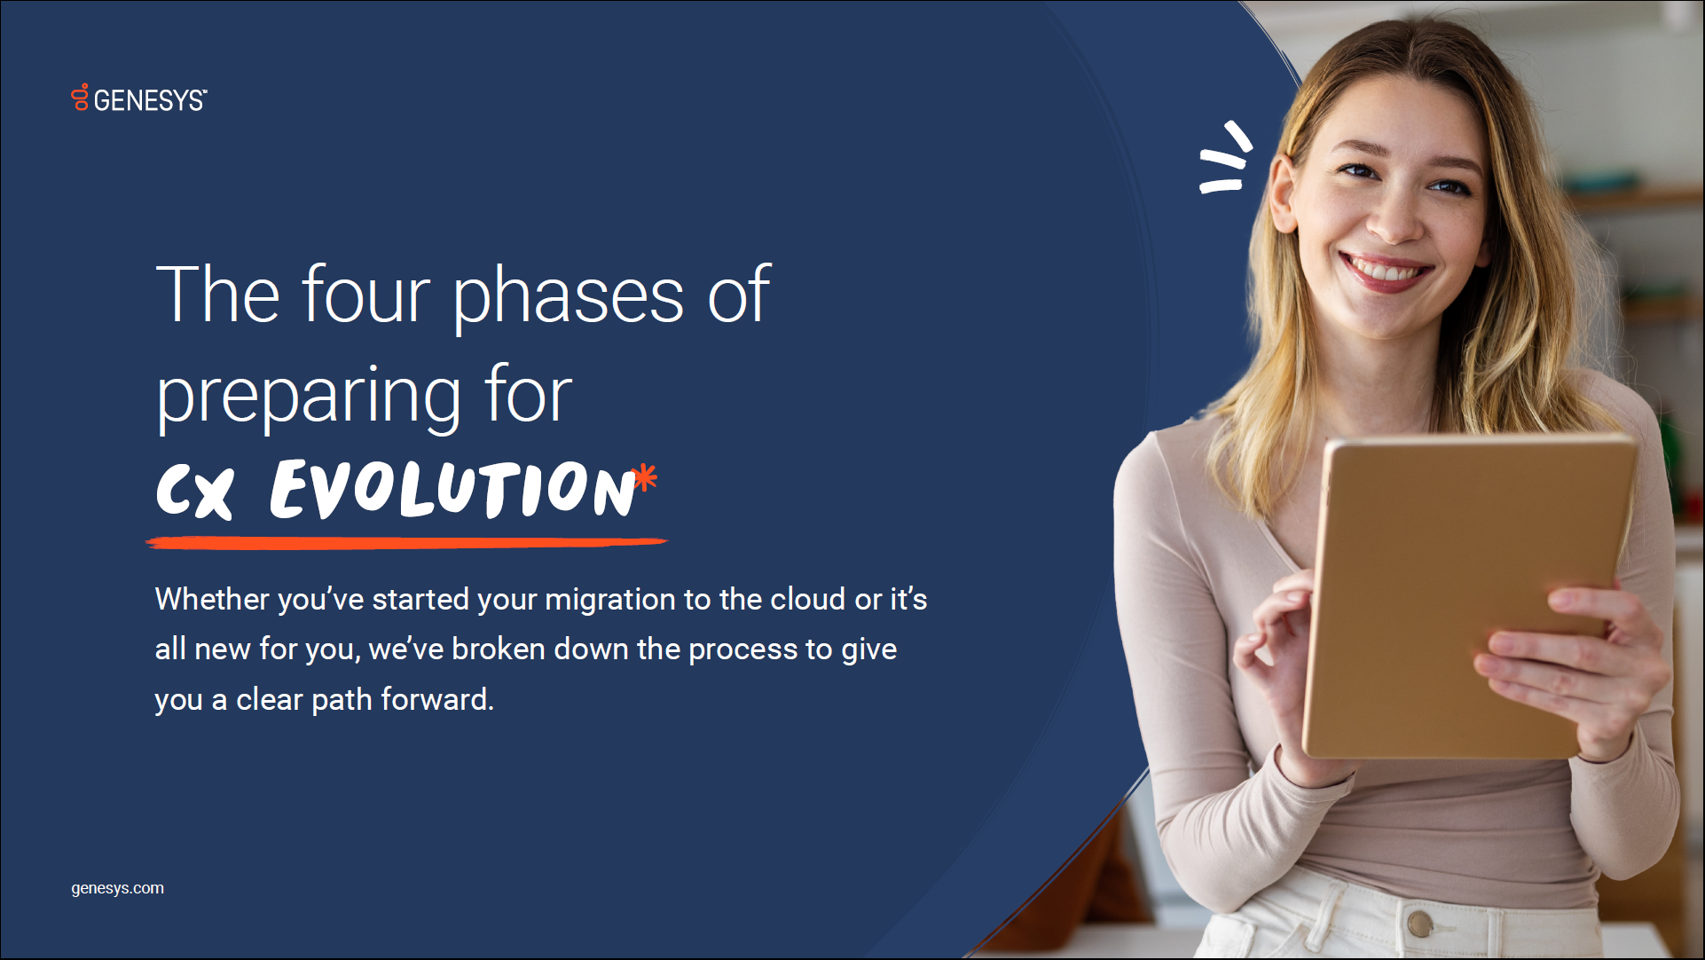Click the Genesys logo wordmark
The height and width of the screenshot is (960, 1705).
pos(150,100)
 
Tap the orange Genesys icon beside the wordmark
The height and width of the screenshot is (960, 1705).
pos(80,97)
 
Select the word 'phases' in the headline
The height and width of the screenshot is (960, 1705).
pos(569,298)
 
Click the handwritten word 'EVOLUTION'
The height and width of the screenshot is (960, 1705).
pos(453,489)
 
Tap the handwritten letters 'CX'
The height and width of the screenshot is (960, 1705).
pos(195,491)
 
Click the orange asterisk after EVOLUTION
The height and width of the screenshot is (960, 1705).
pos(646,477)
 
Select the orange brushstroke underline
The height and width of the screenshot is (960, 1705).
pos(406,542)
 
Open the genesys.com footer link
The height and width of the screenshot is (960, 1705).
pos(117,888)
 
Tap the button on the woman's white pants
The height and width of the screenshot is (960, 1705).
pos(1419,925)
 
